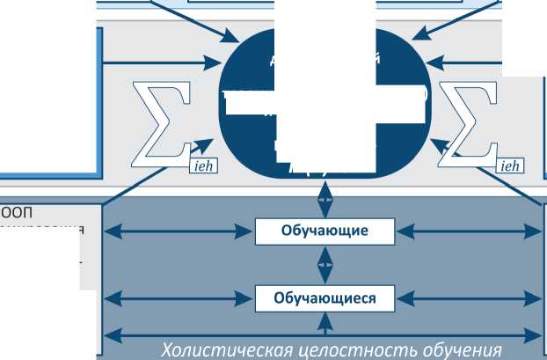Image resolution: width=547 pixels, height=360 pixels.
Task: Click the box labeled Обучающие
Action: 324,231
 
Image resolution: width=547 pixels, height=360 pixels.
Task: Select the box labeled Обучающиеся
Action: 324,298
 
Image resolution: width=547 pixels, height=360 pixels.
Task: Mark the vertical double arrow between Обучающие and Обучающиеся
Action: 325,264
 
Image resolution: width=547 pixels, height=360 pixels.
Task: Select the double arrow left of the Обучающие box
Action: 179,231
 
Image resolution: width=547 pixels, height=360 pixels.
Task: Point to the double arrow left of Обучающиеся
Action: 179,298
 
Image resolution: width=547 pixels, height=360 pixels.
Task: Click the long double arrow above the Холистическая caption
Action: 324,334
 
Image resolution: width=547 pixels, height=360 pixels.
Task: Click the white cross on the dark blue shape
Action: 325,99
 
